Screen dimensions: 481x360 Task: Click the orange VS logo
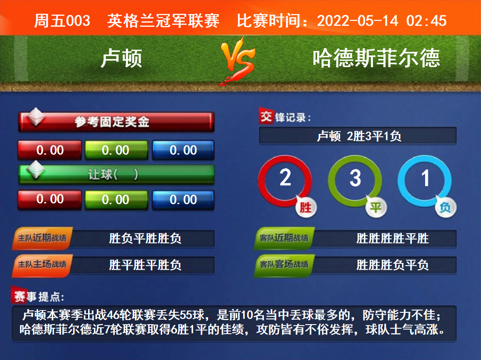(238, 60)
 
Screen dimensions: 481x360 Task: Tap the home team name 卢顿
(121, 58)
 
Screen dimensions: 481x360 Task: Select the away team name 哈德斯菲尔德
(377, 58)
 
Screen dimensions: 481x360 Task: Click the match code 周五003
(62, 21)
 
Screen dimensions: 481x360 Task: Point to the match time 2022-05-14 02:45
(382, 21)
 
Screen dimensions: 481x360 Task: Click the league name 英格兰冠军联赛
(163, 21)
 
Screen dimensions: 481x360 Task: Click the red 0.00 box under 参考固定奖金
(50, 150)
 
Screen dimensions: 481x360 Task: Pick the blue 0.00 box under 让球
(183, 200)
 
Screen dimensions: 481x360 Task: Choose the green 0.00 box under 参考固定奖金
(116, 150)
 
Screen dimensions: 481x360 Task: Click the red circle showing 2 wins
(261, 181)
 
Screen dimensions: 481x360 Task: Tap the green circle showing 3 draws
(331, 181)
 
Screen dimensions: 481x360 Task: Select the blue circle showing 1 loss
(401, 181)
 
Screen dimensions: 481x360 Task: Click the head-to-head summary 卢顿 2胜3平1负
(359, 136)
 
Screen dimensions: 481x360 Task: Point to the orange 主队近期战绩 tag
(42, 238)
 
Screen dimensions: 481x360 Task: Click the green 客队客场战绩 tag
(284, 265)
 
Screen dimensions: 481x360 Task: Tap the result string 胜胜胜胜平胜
(392, 238)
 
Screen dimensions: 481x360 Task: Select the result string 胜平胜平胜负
(145, 265)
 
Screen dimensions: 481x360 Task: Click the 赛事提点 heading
(39, 296)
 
